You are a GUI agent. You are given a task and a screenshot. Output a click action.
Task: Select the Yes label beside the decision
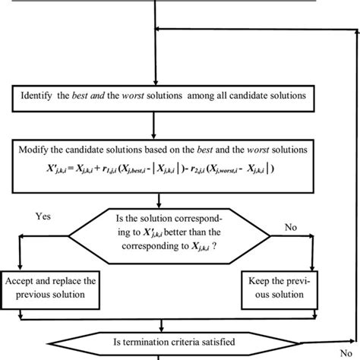click(x=44, y=216)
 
